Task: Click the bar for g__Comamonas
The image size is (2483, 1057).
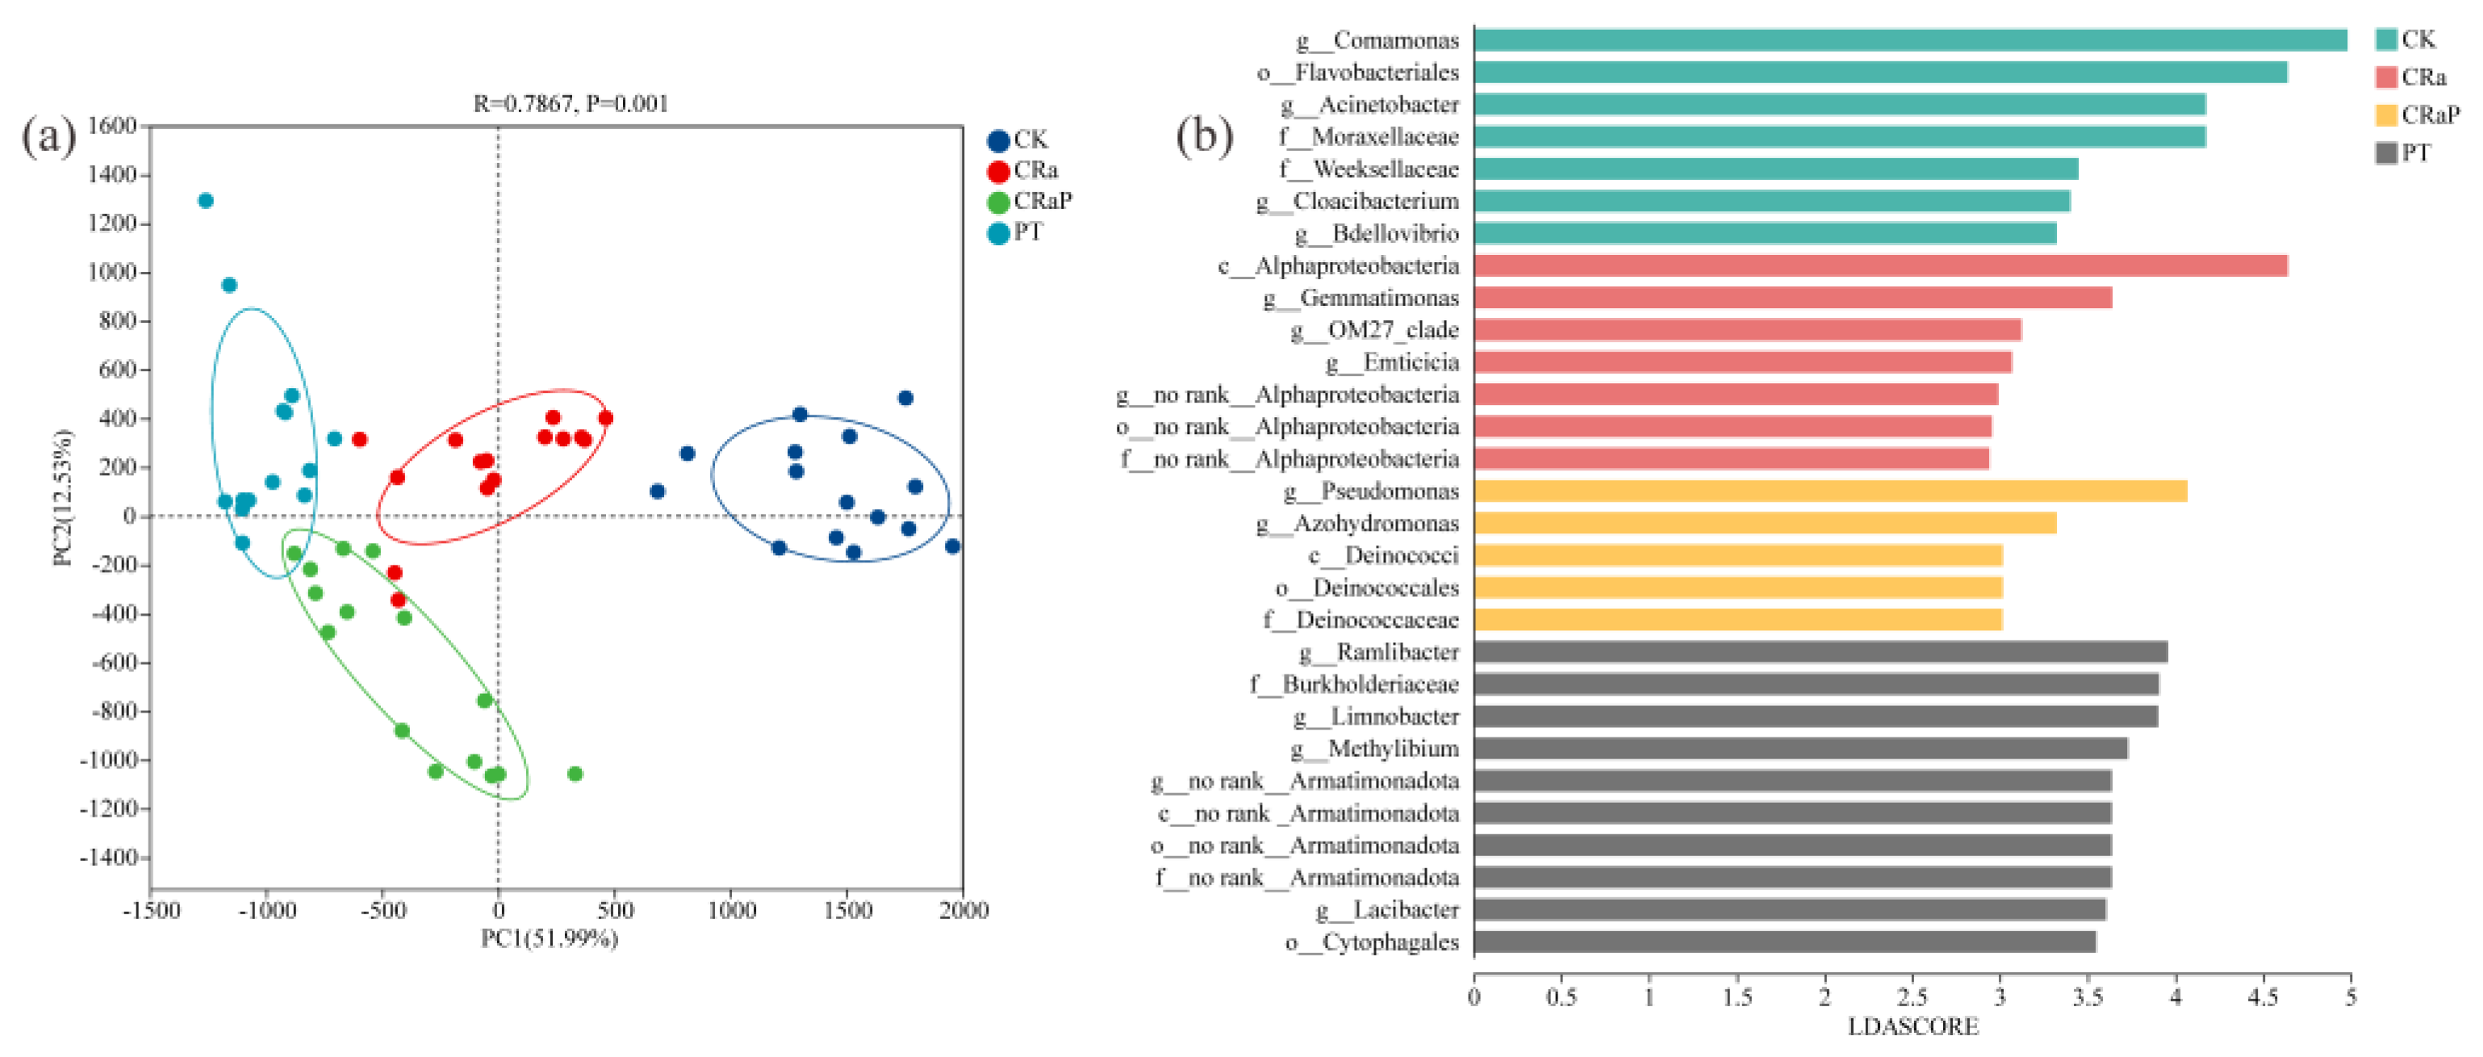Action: [1909, 40]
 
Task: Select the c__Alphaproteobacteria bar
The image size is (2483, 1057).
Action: [1880, 265]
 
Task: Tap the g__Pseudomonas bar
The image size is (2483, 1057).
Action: [1830, 491]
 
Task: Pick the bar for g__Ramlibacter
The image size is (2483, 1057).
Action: [1820, 652]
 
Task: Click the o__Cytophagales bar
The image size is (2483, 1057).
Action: [1785, 942]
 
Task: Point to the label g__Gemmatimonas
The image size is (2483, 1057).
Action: [1361, 298]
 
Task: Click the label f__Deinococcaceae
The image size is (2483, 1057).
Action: [1361, 620]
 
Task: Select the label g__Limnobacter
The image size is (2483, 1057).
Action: [1376, 716]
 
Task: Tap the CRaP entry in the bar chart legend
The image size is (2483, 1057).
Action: [2418, 115]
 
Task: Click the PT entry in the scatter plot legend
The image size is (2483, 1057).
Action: [1016, 232]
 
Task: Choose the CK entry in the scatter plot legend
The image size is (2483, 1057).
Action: [1018, 140]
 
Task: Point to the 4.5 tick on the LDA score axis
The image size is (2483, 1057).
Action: [2262, 996]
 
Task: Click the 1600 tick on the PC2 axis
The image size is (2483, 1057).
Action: [112, 125]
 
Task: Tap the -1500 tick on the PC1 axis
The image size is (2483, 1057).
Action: [152, 909]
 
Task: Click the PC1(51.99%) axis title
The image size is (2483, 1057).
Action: [550, 938]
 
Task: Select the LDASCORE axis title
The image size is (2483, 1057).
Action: [1912, 1027]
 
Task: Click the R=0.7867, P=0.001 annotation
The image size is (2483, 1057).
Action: [571, 103]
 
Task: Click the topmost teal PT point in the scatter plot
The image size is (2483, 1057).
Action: [205, 200]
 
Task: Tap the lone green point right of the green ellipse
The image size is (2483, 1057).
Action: [575, 774]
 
